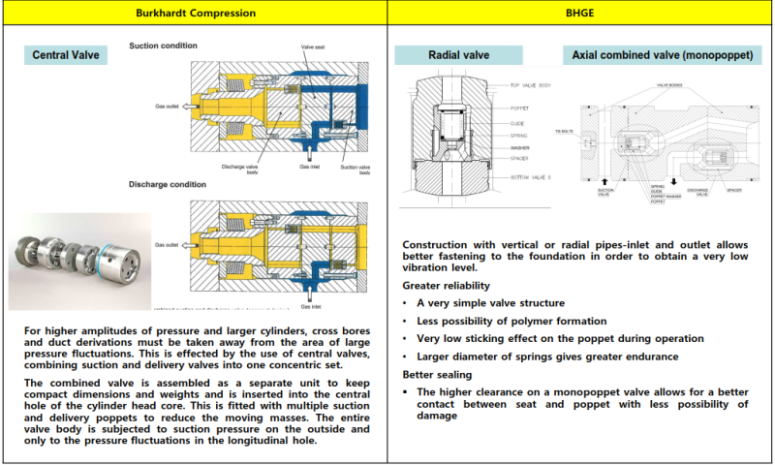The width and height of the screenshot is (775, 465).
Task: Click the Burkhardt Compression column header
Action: click(194, 14)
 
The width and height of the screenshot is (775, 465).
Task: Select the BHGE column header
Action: click(581, 14)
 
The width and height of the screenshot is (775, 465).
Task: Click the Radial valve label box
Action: click(459, 55)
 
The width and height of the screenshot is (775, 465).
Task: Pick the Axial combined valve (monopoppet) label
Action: click(662, 55)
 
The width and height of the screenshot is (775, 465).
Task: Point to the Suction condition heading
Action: click(164, 46)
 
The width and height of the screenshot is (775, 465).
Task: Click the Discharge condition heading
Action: click(168, 183)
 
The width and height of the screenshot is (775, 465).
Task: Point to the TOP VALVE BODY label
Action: click(531, 85)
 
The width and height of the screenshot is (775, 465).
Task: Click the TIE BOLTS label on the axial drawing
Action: click(566, 130)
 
